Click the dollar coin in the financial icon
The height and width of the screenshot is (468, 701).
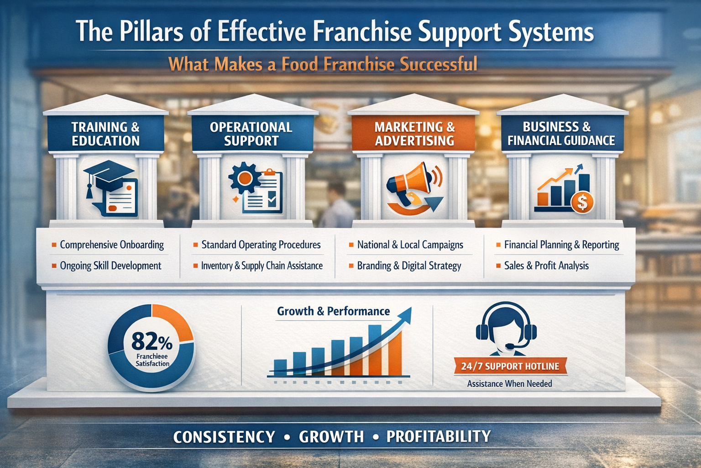(x=582, y=202)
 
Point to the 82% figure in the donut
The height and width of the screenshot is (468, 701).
(x=152, y=341)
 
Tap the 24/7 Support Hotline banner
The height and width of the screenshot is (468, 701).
(x=510, y=366)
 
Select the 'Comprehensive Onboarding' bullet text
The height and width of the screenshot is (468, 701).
(x=112, y=245)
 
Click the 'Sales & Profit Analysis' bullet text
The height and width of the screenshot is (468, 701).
(x=546, y=266)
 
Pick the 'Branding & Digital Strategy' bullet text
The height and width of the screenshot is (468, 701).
(x=409, y=266)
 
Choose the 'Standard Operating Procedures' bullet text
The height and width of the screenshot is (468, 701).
(x=261, y=245)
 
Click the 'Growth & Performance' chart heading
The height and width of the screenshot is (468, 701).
(x=333, y=311)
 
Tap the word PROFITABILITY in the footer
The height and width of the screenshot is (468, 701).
(x=438, y=436)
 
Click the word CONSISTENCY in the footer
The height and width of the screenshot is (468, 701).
(x=224, y=437)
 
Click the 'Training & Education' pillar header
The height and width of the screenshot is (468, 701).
(x=105, y=133)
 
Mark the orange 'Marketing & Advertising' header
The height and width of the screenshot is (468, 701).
(x=414, y=133)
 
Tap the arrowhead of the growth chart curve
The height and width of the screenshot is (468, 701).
(x=406, y=314)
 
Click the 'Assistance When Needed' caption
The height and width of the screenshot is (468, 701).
(x=509, y=383)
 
